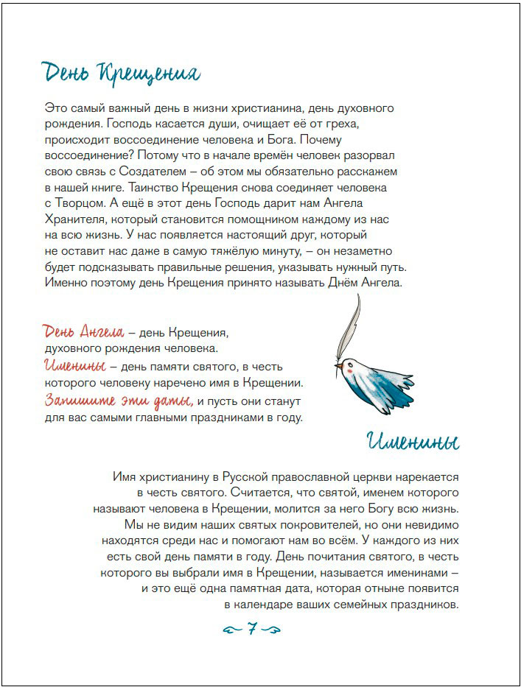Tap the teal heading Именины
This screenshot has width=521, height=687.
pos(413,442)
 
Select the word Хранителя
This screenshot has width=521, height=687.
pos(78,220)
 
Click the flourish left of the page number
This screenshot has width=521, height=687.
pos(231,630)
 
